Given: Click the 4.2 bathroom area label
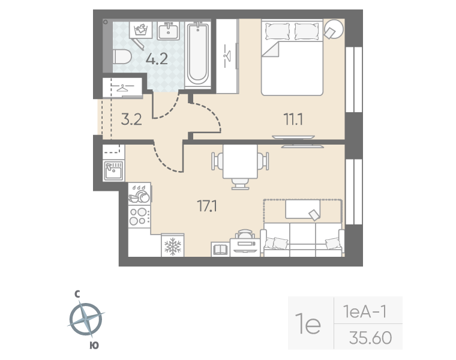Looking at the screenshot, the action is point(157,59).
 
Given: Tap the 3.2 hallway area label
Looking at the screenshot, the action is point(131,119).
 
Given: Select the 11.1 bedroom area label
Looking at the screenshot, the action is point(293,119).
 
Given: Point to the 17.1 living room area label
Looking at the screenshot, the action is point(207,206).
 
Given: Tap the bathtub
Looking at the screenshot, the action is point(198,53).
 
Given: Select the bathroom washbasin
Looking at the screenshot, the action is point(169,31).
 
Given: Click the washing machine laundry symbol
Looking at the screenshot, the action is point(141,29).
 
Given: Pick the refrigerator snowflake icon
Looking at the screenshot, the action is point(173,246).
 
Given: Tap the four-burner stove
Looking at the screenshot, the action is point(139,217).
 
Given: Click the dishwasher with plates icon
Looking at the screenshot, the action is point(139,194).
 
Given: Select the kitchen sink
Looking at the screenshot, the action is point(114,170).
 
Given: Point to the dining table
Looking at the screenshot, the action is point(240,161).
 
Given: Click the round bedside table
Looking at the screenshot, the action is point(334,29).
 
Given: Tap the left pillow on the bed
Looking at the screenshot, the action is point(277,31).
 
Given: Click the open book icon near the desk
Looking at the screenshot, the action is point(220,250).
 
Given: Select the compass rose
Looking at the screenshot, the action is point(86,319).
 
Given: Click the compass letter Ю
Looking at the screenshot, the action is point(94,346).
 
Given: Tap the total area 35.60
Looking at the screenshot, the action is point(371,338).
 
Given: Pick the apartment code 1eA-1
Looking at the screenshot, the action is point(365,312).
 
